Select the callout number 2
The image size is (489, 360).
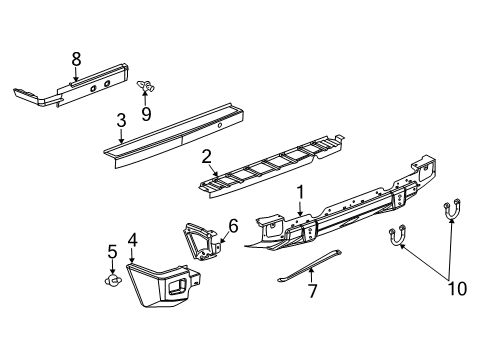[x=205, y=156]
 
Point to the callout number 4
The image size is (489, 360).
[x=132, y=239]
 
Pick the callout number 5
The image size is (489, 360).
[x=112, y=249]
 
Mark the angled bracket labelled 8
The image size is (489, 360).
[x=70, y=86]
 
